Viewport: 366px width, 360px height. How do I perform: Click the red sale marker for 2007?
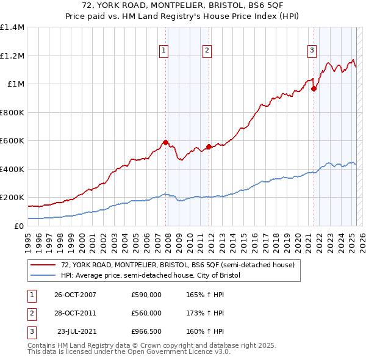pyautogui.click(x=165, y=143)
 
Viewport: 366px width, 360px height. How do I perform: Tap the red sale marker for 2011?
pyautogui.click(x=209, y=146)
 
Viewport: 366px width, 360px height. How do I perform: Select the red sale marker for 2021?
pyautogui.click(x=314, y=88)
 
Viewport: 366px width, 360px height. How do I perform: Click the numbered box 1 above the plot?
pyautogui.click(x=164, y=51)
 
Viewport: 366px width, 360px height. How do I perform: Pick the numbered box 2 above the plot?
pyautogui.click(x=207, y=51)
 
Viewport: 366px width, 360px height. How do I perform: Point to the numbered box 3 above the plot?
pyautogui.click(x=312, y=51)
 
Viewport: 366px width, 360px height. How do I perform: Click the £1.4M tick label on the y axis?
pyautogui.click(x=12, y=27)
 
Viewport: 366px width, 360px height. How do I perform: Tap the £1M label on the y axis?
pyautogui.click(x=15, y=84)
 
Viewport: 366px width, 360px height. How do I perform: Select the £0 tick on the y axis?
pyautogui.click(x=20, y=226)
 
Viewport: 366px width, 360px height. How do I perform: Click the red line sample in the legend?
pyautogui.click(x=43, y=265)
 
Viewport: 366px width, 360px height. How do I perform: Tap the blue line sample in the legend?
pyautogui.click(x=43, y=275)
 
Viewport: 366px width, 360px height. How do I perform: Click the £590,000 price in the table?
pyautogui.click(x=146, y=295)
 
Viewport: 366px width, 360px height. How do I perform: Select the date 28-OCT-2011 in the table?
pyautogui.click(x=75, y=313)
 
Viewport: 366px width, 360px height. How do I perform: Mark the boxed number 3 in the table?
pyautogui.click(x=30, y=331)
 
